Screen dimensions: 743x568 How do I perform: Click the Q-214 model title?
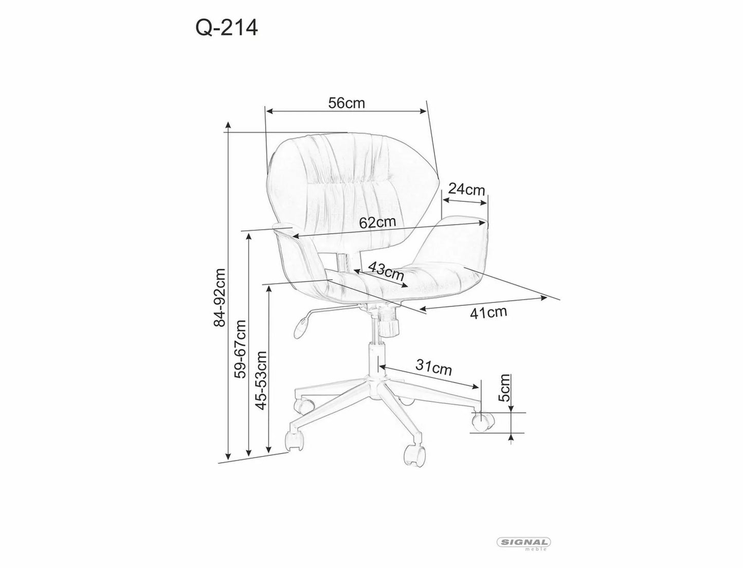226,28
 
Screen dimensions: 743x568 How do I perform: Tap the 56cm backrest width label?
346,103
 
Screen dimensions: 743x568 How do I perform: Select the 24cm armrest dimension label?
466,190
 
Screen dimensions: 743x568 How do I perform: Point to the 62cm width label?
377,222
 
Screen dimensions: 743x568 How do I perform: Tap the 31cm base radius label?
433,368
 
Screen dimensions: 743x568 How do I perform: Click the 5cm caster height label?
504,388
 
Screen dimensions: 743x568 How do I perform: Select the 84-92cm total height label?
220,297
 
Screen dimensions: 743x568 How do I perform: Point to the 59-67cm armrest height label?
241,349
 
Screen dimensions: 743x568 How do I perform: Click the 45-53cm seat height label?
262,380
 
